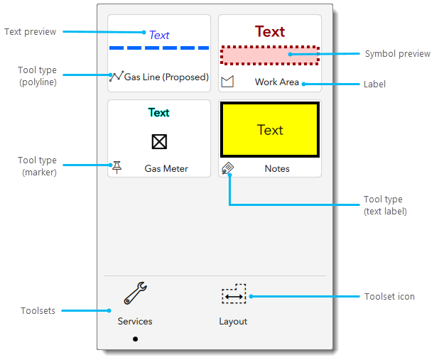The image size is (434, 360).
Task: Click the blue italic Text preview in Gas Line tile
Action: pos(159,35)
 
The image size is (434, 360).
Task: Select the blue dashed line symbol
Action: pos(159,48)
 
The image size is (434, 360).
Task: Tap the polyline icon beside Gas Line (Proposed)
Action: pos(116,76)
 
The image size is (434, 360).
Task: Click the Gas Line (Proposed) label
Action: pos(166,77)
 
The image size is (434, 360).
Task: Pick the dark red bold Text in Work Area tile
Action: pos(270,32)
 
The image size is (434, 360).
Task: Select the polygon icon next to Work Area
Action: pos(227,82)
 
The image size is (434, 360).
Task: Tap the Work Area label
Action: pos(277,82)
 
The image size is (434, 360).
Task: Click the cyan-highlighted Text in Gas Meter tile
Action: pos(159,112)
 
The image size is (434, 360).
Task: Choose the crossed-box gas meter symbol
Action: pos(159,142)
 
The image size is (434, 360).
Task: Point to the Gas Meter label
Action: pos(166,169)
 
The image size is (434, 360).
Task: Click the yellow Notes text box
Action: pos(270,130)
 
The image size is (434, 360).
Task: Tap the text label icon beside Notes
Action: pos(228,168)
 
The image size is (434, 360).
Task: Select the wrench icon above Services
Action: pos(135,293)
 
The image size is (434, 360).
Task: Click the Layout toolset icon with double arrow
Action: pos(234,295)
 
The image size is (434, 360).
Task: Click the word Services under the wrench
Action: pos(135,321)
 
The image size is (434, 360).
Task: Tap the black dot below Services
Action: pos(135,339)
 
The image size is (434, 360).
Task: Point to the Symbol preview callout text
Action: pos(397,54)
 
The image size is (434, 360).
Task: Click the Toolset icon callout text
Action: pos(389,296)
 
